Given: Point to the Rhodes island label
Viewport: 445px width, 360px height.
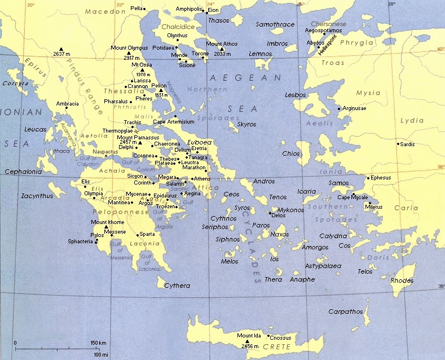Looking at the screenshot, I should point(402,280).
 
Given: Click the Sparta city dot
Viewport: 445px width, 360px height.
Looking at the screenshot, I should point(137,235).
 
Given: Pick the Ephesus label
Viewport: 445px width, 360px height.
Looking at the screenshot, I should point(381,178).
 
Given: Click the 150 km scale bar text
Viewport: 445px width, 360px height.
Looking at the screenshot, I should point(98,343).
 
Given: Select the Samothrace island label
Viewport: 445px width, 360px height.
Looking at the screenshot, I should point(275,24).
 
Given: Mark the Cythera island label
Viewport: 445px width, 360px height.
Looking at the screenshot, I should point(177,286).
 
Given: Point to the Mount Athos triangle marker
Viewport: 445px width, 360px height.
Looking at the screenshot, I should point(222,49).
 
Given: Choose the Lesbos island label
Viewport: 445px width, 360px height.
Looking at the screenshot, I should point(296,95).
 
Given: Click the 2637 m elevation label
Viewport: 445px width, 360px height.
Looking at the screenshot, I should point(60,54).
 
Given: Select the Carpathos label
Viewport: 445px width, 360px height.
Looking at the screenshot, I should point(345,311).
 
